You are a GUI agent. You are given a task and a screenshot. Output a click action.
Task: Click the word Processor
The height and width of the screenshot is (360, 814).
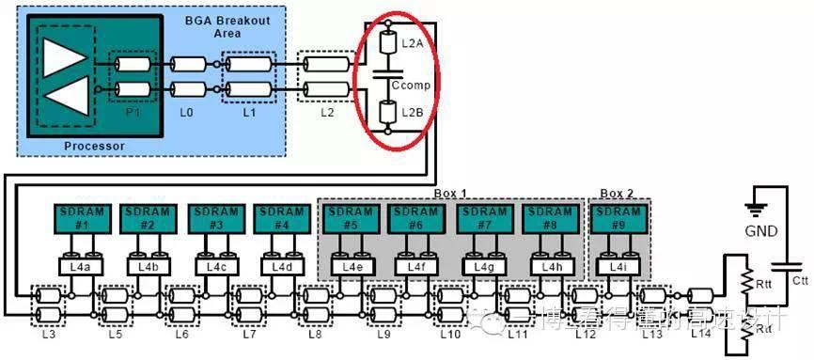tap(93, 147)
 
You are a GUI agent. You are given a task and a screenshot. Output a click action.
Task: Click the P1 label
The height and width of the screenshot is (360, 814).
tap(132, 110)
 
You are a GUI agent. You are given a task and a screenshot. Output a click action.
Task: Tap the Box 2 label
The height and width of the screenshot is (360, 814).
tap(617, 193)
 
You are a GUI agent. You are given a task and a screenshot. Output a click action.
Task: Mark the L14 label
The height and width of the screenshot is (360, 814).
tap(701, 332)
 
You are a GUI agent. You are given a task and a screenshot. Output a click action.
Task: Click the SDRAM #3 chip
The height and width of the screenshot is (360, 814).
tap(215, 219)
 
